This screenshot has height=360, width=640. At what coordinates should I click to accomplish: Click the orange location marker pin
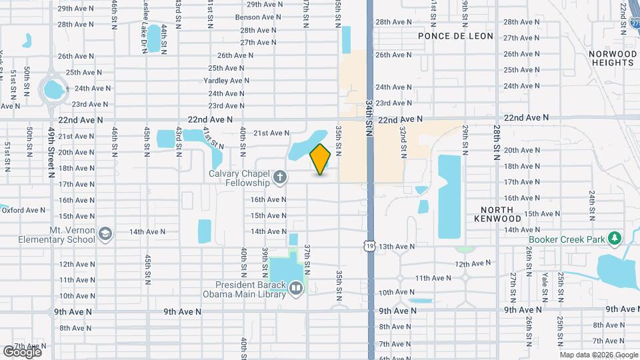tap(321, 159)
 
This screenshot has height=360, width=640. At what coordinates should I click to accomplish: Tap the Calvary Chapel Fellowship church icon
tap(281, 177)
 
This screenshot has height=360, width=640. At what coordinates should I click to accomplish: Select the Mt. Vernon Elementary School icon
tap(105, 233)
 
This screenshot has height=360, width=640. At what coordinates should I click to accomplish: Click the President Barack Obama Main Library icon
tap(296, 288)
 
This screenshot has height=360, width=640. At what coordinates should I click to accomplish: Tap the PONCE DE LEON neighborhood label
tap(456, 36)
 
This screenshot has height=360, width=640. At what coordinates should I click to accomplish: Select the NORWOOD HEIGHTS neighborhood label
tap(611, 58)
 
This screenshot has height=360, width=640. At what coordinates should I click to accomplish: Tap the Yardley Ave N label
tap(226, 81)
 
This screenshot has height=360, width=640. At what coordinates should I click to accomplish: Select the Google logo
tap(22, 351)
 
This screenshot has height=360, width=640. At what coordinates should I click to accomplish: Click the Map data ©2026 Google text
tap(598, 355)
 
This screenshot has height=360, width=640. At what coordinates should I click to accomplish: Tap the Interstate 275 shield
tap(633, 21)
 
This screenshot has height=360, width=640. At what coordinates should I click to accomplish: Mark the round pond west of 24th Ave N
tap(53, 88)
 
